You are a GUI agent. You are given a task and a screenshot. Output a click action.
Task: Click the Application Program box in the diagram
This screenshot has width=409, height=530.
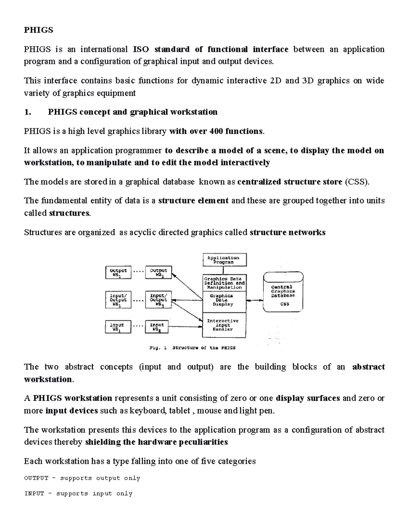point(224,260)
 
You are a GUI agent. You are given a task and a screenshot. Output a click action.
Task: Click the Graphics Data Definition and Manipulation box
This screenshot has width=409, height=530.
point(224,283)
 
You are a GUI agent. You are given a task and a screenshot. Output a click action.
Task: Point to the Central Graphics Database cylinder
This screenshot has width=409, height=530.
point(283,292)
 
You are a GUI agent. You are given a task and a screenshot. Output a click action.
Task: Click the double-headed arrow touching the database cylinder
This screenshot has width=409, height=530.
point(255,300)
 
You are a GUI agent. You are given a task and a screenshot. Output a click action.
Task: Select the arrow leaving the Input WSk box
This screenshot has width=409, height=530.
point(185,327)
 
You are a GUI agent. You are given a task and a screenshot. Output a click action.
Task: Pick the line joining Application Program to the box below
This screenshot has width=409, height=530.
point(223,270)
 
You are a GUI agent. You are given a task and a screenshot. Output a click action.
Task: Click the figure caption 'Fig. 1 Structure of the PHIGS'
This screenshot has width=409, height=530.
point(193,348)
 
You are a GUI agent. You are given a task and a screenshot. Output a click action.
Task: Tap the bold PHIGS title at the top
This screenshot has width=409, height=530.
point(38,30)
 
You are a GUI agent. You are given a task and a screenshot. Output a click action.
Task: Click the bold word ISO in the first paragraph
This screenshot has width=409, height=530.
point(141,49)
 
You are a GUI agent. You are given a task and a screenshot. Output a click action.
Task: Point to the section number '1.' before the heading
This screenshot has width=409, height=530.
point(28,112)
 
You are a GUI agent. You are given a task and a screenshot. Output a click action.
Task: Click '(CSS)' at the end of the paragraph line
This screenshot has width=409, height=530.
point(357,182)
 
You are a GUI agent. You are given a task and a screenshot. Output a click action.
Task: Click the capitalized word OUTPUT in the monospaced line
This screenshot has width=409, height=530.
point(36,478)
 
